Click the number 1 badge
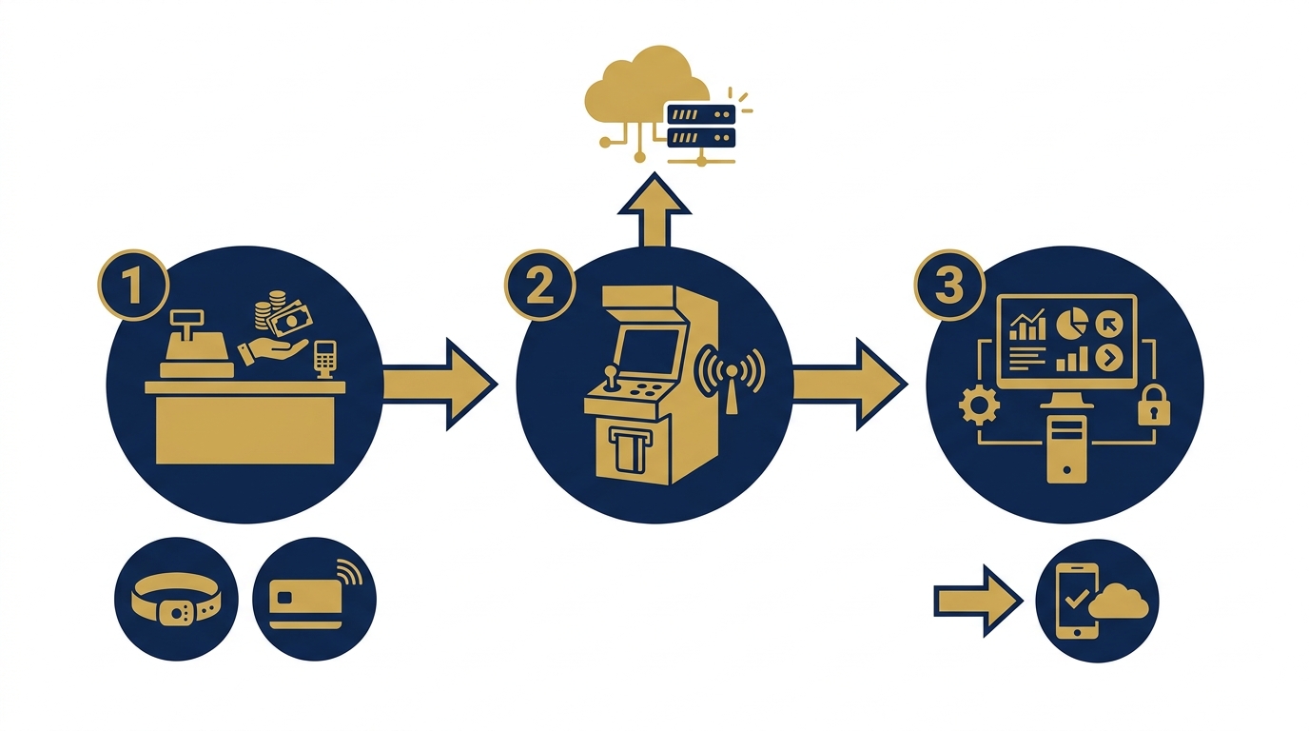point(134,286)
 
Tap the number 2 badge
point(540,286)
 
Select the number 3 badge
point(949,286)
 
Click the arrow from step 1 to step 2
point(440,385)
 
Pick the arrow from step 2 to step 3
point(850,385)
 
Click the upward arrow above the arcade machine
point(654,210)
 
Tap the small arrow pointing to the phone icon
point(979,601)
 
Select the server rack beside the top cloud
point(701,126)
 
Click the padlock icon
point(1154,405)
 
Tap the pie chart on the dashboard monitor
point(1072,324)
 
